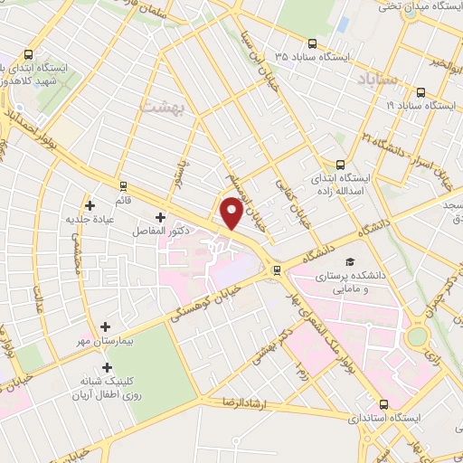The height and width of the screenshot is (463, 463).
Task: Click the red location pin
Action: pos(231,212)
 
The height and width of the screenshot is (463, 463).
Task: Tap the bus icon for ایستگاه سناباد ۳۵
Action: pos(313,43)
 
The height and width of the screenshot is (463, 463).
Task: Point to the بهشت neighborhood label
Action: pos(163,108)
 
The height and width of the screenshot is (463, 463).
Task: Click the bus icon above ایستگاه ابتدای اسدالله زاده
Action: pos(340,165)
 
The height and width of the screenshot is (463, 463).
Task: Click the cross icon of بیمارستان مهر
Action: pos(106,326)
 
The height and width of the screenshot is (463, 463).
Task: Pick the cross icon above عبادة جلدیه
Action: pos(90,204)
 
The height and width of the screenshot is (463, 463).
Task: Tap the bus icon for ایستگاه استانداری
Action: pos(385,404)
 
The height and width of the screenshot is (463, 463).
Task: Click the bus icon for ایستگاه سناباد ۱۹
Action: pos(421,91)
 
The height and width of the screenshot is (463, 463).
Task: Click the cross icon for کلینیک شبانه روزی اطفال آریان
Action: pos(109,367)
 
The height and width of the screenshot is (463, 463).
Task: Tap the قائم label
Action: pos(122,197)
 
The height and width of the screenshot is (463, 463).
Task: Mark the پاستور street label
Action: pos(182,173)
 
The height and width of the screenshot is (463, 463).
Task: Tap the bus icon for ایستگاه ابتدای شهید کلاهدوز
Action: pos(28,52)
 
